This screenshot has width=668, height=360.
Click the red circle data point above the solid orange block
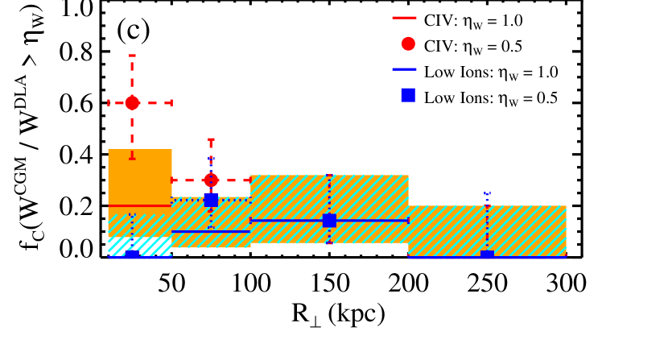(132, 103)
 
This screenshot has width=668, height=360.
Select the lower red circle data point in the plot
(211, 180)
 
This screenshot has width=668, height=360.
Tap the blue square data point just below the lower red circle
(211, 200)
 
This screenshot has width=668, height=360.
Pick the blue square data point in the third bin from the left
(329, 220)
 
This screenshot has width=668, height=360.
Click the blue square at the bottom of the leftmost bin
(132, 254)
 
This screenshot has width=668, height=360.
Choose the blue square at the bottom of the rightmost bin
(487, 254)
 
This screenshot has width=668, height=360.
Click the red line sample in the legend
(404, 18)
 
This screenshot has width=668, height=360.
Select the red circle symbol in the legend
(408, 43)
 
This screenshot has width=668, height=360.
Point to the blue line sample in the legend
(404, 69)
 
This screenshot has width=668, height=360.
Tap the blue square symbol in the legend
(408, 95)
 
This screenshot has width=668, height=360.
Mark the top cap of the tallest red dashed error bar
(132, 56)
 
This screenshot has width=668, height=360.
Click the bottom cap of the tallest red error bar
(132, 158)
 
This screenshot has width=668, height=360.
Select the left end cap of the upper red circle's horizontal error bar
(109, 103)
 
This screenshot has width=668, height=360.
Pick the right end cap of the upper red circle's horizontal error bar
(171, 103)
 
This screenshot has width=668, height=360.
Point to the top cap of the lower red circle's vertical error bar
(211, 139)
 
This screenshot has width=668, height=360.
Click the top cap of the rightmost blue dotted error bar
(487, 193)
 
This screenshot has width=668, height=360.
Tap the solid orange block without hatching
(140, 176)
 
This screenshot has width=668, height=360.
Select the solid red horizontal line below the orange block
(140, 205)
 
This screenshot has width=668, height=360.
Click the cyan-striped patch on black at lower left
(140, 246)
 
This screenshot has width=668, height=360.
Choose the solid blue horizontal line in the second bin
(211, 231)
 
